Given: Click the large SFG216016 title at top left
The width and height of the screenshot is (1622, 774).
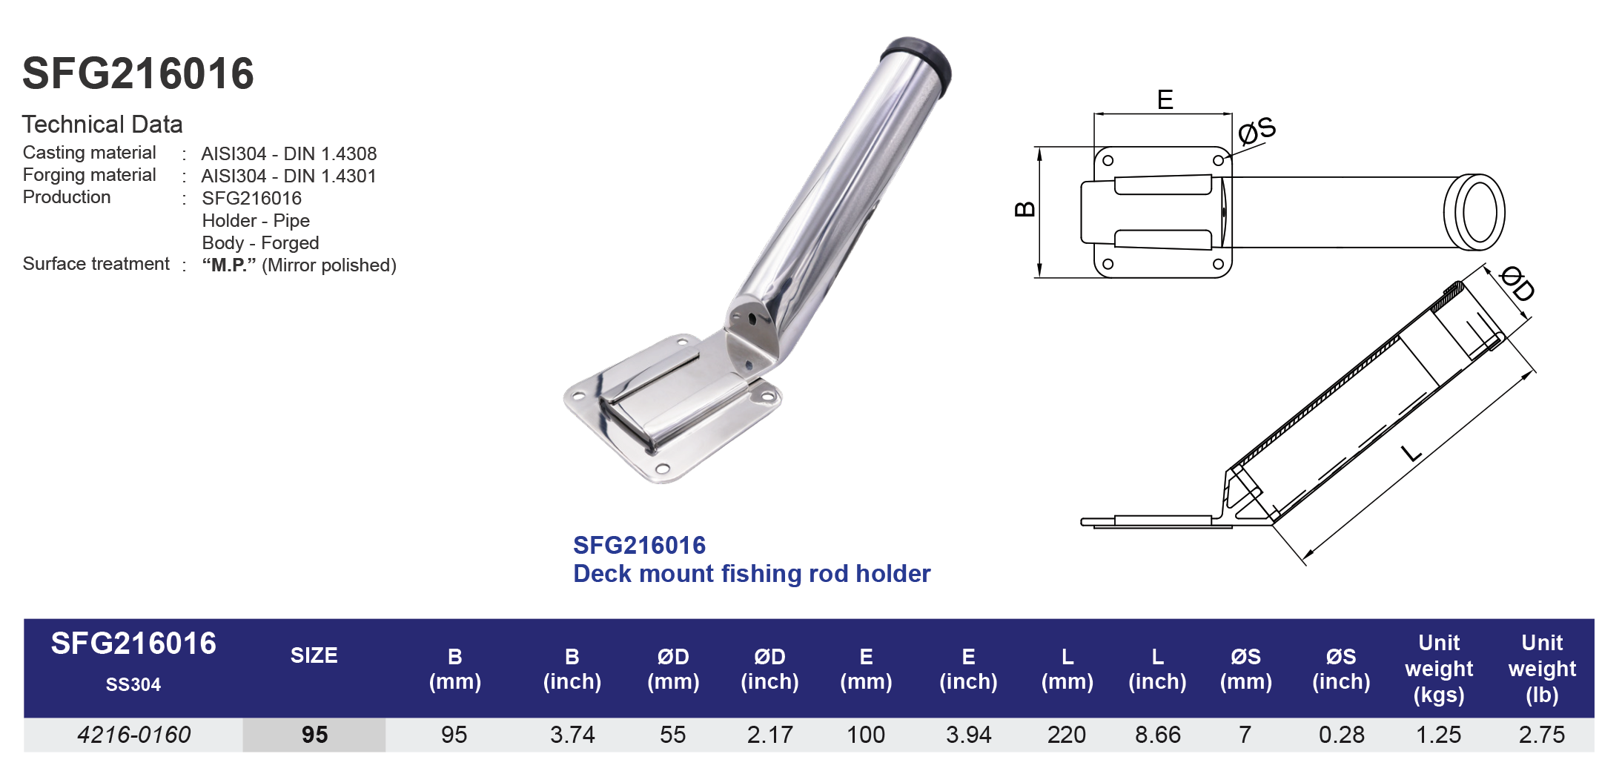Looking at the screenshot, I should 138,74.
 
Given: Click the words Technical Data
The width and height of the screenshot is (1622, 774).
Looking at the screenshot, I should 102,125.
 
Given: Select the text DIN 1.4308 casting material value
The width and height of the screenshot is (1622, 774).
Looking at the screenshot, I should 330,153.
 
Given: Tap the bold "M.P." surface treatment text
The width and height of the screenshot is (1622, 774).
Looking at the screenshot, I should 229,265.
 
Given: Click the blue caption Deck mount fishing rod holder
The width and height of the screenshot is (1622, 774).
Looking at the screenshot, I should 751,574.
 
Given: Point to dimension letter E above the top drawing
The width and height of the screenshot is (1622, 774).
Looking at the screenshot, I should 1165,100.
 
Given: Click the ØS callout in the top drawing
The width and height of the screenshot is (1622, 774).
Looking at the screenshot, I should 1257,130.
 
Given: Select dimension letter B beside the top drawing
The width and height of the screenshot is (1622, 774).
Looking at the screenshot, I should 1024,209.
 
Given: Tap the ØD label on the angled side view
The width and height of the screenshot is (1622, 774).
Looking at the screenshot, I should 1517,284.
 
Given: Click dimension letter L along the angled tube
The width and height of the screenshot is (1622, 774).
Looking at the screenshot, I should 1412,453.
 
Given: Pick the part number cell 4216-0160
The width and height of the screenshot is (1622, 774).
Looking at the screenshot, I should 133,735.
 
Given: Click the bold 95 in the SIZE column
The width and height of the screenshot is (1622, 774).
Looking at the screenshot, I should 314,735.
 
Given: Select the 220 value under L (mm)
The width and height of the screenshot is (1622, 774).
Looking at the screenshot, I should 1066,735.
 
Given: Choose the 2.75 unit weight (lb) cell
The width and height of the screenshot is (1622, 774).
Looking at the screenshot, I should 1541,735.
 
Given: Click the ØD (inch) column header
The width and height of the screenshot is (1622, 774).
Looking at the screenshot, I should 769,669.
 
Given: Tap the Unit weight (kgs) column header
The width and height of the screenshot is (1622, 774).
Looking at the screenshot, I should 1439,669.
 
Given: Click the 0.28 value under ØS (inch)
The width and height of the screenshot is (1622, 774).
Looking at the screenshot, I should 1341,735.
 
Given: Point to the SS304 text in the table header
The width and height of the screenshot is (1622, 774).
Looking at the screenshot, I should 133,684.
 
